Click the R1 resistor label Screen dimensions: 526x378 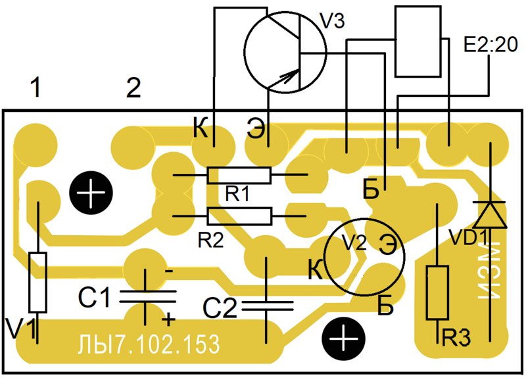click(237, 194)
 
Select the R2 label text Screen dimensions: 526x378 click(210, 240)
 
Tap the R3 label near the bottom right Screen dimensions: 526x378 click(456, 338)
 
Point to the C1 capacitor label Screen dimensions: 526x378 click(94, 297)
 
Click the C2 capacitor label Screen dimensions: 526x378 click(220, 308)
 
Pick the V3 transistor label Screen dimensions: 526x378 click(332, 22)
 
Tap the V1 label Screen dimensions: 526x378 click(21, 329)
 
